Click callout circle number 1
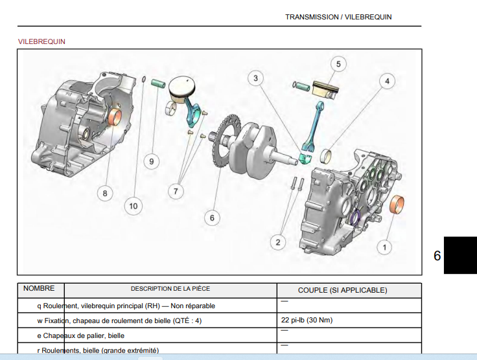tap(385, 247)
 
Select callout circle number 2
tap(278, 242)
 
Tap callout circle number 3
tap(256, 78)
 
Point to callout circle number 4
tap(387, 82)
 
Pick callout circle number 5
tap(338, 63)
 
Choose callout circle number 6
tap(212, 218)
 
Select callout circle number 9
tap(151, 161)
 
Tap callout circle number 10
tap(133, 207)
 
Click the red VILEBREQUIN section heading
tap(41, 41)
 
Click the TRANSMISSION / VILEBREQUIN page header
tap(338, 17)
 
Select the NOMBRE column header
tap(39, 289)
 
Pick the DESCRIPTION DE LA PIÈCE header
tap(170, 289)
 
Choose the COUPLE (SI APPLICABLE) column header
tap(342, 290)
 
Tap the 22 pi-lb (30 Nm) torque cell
tap(307, 320)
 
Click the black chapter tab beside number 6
tap(460, 255)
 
